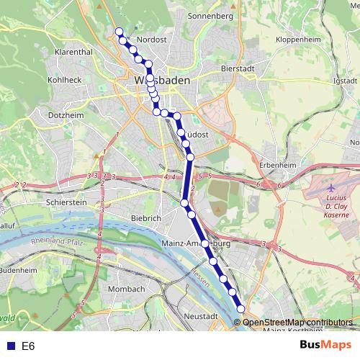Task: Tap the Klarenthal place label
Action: coord(73,53)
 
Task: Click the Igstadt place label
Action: coord(346,81)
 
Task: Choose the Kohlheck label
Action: coord(63,79)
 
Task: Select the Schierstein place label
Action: coord(66,203)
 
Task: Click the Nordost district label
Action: coord(152,40)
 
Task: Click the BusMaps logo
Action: coord(326,346)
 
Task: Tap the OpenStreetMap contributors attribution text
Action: coord(297,322)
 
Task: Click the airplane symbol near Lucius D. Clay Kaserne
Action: coord(330,187)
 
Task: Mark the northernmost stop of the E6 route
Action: coord(120,31)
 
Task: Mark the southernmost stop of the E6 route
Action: coord(240,310)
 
